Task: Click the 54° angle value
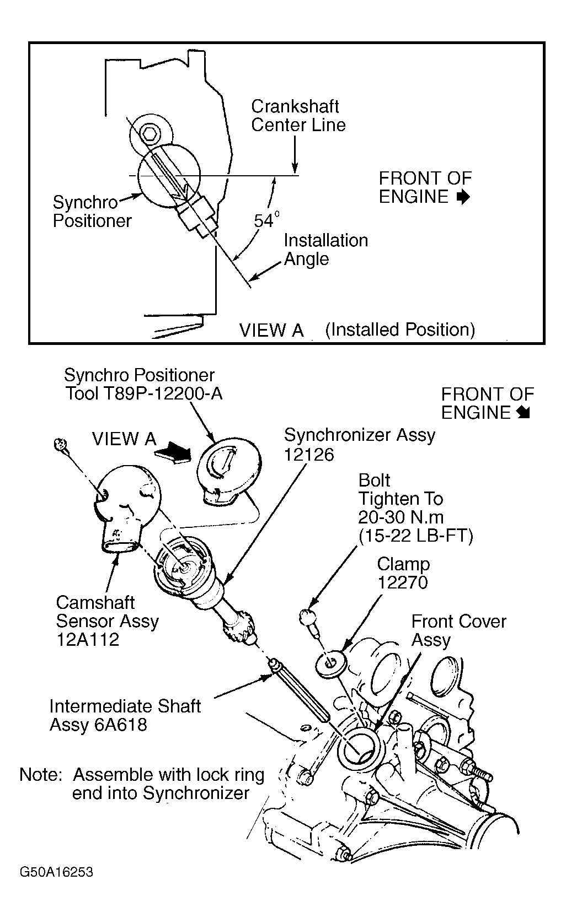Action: (x=266, y=220)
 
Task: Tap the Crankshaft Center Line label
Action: (x=298, y=116)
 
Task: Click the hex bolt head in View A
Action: (x=149, y=132)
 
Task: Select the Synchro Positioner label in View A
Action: (x=92, y=212)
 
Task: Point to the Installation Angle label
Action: (x=325, y=250)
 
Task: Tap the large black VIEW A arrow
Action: (x=172, y=453)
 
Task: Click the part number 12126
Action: (x=309, y=455)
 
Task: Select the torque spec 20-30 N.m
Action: (x=401, y=517)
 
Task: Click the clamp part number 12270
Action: (x=402, y=583)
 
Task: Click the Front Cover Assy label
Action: (x=458, y=630)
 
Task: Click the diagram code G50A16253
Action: (x=56, y=872)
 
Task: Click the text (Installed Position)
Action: (x=400, y=330)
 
